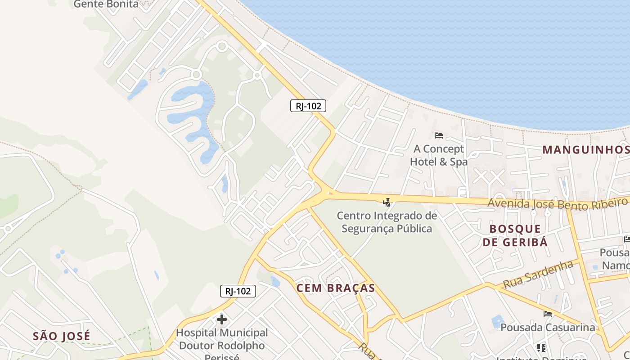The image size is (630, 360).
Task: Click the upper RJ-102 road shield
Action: point(308,106)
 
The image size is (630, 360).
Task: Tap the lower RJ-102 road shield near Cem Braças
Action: point(238,291)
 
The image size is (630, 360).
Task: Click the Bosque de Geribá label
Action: point(515,235)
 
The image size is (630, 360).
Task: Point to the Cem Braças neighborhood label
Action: point(336,288)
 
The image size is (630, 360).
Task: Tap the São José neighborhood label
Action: point(62,336)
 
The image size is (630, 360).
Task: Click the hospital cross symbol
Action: point(221,319)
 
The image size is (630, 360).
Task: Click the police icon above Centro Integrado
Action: point(387,202)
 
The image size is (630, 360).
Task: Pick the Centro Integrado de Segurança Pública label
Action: point(387,222)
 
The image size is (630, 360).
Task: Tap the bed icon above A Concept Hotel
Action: point(439,135)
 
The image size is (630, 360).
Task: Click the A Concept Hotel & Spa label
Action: point(439,155)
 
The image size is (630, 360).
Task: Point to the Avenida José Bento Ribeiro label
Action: point(558,203)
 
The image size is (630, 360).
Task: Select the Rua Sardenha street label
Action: point(538,274)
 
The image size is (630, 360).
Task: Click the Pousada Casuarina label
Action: point(548,327)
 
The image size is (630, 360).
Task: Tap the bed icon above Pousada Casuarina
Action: point(548,314)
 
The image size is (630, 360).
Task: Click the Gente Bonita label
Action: point(106,4)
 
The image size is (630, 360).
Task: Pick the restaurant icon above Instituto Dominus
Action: point(541,347)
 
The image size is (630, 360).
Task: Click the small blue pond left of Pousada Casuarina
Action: point(497,321)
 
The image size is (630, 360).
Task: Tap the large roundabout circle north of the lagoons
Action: point(221,46)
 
